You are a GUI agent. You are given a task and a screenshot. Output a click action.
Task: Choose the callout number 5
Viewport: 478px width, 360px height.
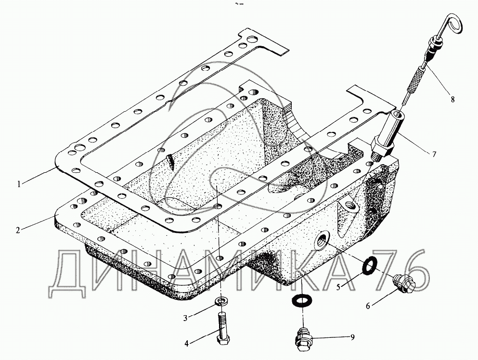338,287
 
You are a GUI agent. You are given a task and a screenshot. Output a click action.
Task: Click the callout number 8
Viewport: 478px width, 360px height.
452,100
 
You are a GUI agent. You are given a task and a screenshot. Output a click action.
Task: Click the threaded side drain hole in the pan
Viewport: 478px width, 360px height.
322,240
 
